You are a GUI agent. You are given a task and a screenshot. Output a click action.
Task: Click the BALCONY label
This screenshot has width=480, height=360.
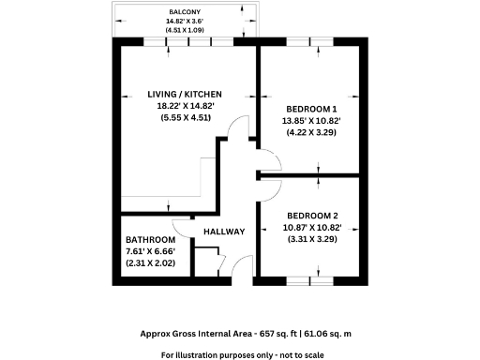pos(185,10)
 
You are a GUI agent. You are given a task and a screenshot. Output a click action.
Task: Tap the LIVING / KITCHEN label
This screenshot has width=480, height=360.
pos(185,94)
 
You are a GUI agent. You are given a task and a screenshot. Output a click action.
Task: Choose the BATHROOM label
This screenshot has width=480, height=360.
pos(151,240)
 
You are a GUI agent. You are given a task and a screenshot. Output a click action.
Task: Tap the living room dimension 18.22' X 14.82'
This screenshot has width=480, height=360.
pos(185,106)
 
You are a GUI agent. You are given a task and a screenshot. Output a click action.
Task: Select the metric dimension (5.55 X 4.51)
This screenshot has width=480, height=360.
pos(185,118)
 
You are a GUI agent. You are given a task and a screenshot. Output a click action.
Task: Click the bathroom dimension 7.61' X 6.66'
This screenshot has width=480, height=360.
pos(151,252)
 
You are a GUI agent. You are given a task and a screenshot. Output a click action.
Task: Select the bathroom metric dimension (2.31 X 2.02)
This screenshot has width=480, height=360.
pos(151,264)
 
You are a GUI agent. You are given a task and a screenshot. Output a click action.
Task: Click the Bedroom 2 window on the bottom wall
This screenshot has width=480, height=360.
pos(309,280)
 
